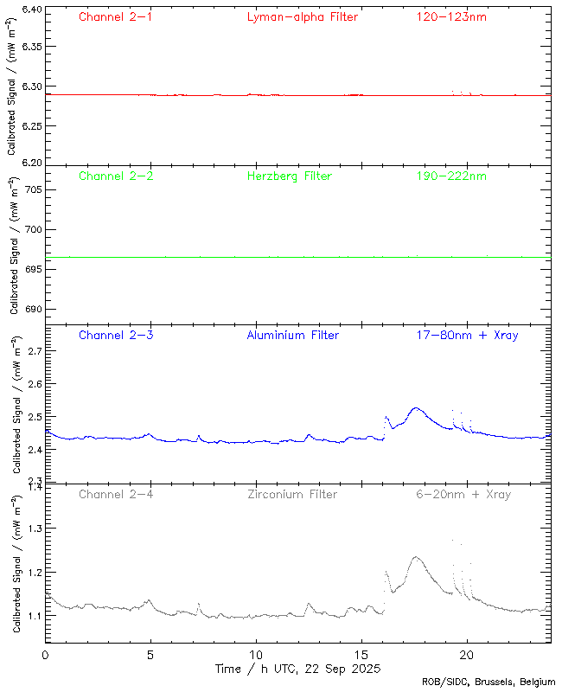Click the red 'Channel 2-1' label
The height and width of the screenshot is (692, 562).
116,16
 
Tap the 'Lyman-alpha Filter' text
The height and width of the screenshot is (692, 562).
302,16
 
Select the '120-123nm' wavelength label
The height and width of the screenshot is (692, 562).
450,16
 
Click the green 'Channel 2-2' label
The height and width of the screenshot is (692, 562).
116,176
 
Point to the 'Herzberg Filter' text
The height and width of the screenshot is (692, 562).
290,176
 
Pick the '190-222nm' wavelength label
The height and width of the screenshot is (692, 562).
450,176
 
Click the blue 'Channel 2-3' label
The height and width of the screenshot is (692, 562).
116,335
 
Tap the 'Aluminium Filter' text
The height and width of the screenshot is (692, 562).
293,335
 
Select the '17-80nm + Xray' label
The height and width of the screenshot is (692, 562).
467,335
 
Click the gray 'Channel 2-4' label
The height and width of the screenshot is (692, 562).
116,494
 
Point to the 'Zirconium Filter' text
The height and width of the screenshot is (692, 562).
291,494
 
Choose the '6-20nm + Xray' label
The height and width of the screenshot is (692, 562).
463,494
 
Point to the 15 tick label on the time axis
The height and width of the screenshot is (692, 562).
361,655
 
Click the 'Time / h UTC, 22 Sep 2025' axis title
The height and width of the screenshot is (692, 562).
298,669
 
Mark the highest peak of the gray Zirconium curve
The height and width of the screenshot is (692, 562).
452,541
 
